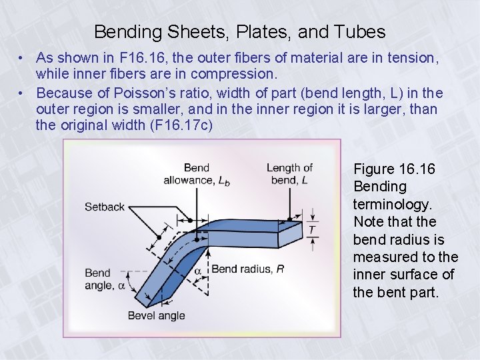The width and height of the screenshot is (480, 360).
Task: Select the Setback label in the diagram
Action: tap(105, 207)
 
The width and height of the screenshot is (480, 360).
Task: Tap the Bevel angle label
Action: tap(156, 315)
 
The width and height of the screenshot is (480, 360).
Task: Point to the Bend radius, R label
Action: tap(247, 269)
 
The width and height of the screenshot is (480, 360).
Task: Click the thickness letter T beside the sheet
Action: tap(311, 230)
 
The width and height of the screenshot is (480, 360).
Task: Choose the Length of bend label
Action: tap(289, 174)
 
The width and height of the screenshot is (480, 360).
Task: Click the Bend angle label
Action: tap(100, 279)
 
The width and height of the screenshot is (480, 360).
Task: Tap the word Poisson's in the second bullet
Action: tap(135, 93)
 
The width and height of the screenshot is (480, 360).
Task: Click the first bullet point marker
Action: tap(22, 59)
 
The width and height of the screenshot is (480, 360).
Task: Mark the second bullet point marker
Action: tap(22, 93)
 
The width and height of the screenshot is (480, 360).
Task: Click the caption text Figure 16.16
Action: tap(394, 169)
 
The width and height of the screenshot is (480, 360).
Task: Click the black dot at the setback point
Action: tap(159, 237)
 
